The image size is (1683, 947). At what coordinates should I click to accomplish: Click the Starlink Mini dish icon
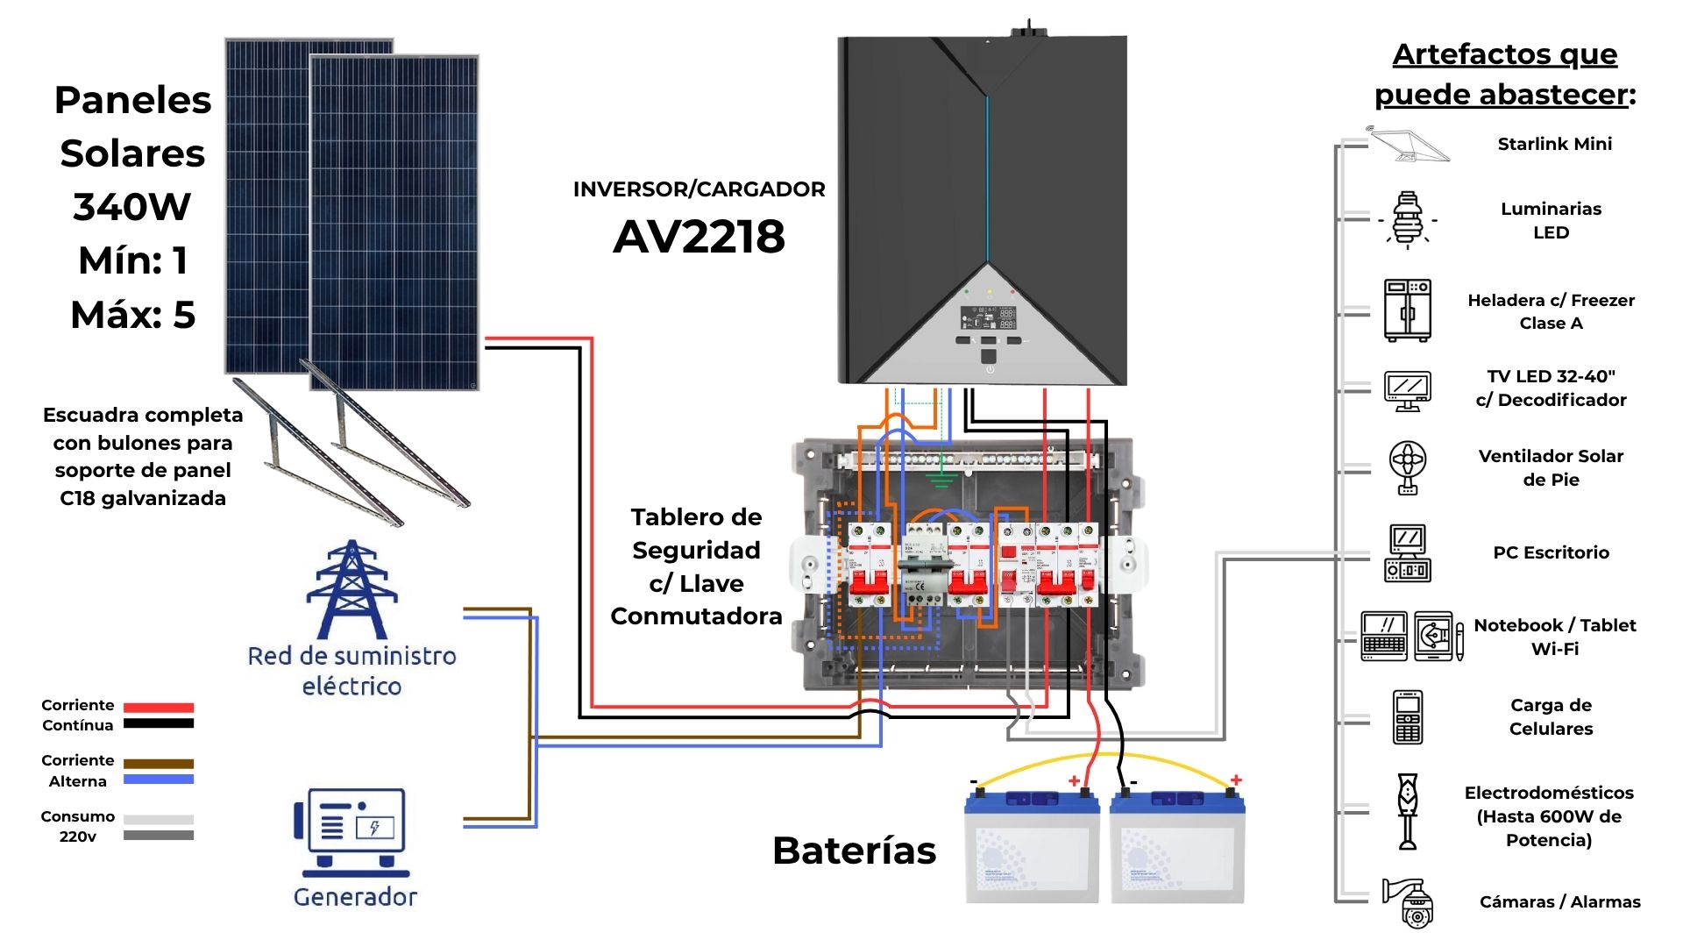tap(1409, 145)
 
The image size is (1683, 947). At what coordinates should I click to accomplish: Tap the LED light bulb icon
tap(1407, 220)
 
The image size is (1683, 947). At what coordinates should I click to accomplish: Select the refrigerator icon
tap(1407, 310)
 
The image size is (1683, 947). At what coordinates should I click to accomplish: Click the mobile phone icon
tap(1407, 717)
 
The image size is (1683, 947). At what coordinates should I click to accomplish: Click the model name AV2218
tap(699, 237)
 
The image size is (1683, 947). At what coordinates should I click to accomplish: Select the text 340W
tap(131, 207)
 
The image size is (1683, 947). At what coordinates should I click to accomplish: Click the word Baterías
tap(854, 851)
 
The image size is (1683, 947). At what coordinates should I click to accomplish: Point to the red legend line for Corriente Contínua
tap(159, 707)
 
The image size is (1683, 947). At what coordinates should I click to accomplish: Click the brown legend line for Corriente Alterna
tap(159, 764)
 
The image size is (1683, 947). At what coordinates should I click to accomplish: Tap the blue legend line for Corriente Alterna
tap(159, 780)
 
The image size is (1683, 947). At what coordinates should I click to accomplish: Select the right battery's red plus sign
tap(1236, 780)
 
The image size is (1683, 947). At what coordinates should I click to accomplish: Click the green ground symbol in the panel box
tap(941, 479)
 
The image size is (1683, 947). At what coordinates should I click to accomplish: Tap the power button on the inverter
tap(989, 369)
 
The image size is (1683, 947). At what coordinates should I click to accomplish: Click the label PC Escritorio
tap(1551, 552)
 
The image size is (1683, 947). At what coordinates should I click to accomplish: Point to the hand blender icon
tap(1408, 811)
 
